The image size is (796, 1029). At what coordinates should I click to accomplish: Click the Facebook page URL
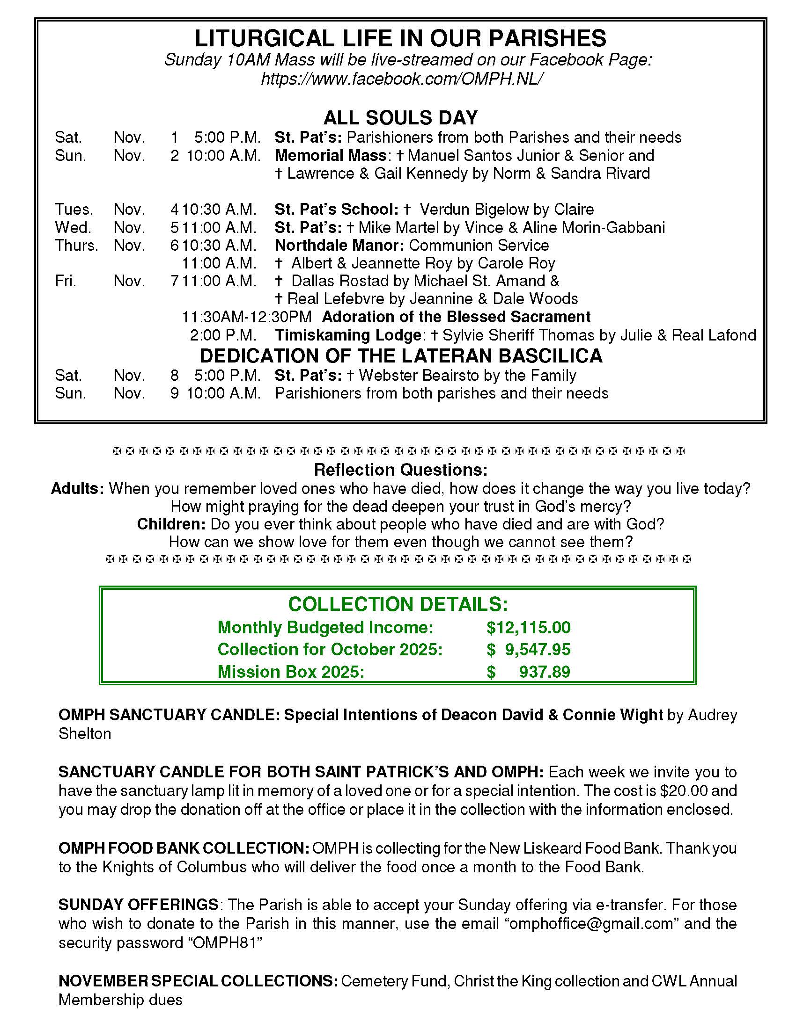pyautogui.click(x=400, y=79)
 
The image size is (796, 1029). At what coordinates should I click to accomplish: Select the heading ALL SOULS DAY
pyautogui.click(x=400, y=117)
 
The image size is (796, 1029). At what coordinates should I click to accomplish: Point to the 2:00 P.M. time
pyautogui.click(x=223, y=335)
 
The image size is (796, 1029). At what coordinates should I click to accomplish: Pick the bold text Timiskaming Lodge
pyautogui.click(x=348, y=335)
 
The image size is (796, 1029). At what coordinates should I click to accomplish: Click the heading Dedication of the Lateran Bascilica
pyautogui.click(x=401, y=356)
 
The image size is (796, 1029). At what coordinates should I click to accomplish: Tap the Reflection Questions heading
pyautogui.click(x=400, y=470)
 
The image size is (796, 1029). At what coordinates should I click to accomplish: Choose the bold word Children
pyautogui.click(x=171, y=524)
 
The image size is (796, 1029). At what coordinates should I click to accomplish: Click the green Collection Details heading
pyautogui.click(x=398, y=604)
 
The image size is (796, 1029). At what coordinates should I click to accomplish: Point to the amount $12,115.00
pyautogui.click(x=528, y=628)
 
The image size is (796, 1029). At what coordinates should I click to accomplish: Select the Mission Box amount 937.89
pyautogui.click(x=544, y=672)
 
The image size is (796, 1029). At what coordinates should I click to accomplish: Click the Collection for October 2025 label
pyautogui.click(x=330, y=650)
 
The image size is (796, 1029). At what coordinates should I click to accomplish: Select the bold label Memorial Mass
pyautogui.click(x=330, y=155)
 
